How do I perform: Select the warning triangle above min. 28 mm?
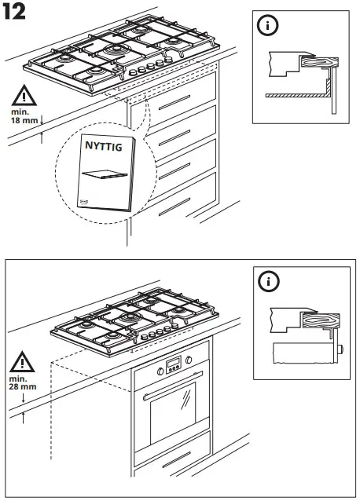point(24,364)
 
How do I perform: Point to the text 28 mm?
point(24,387)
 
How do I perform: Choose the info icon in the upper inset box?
point(270,25)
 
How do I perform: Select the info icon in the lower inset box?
point(270,280)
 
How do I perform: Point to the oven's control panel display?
point(172,364)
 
